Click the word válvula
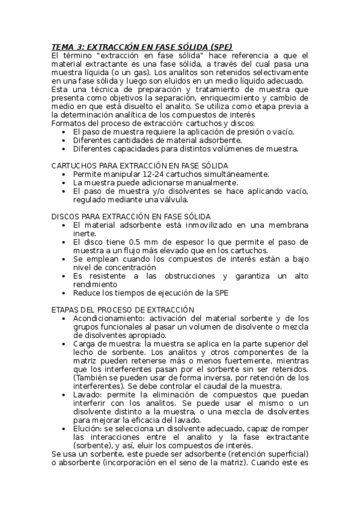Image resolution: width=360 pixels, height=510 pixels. (x=171, y=200)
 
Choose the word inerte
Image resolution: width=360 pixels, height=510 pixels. (x=85, y=233)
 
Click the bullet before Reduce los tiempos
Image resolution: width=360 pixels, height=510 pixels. (x=65, y=293)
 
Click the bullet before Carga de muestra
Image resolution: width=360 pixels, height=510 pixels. (x=65, y=343)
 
